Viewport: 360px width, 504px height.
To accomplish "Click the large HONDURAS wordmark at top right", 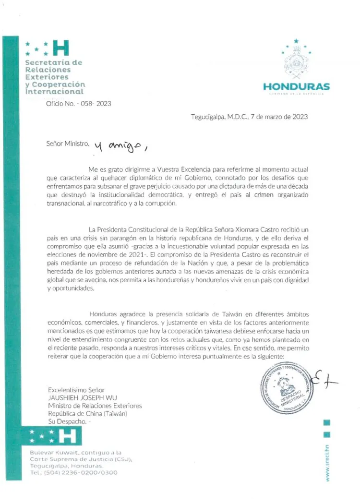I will (x=296, y=86).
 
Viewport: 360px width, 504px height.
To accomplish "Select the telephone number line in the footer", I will (x=73, y=472).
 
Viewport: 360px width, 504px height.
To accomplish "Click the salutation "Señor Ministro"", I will (x=68, y=144).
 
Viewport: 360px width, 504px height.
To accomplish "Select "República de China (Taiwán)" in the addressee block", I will (x=88, y=413).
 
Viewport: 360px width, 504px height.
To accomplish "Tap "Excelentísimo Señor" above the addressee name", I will (x=76, y=390).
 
